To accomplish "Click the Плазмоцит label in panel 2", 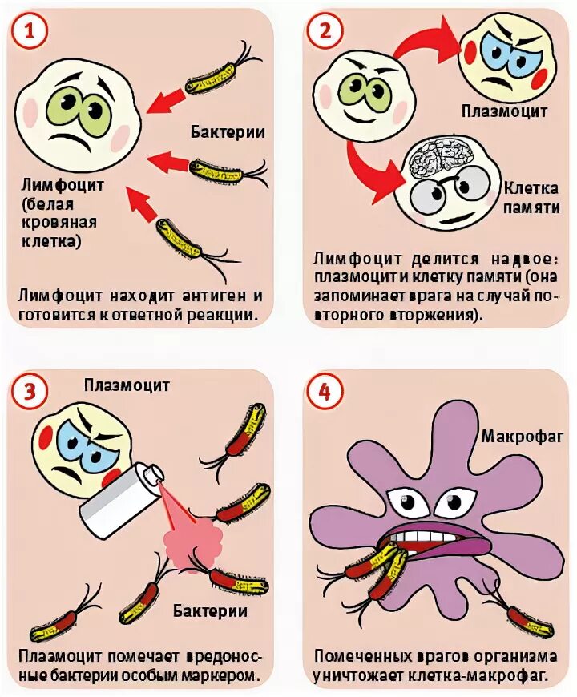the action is coord(504,111).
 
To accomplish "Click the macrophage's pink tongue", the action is coord(454,547).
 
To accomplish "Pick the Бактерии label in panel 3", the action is coord(210,611).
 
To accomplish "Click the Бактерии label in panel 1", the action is coord(228,131).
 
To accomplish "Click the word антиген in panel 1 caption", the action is coord(210,296).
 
